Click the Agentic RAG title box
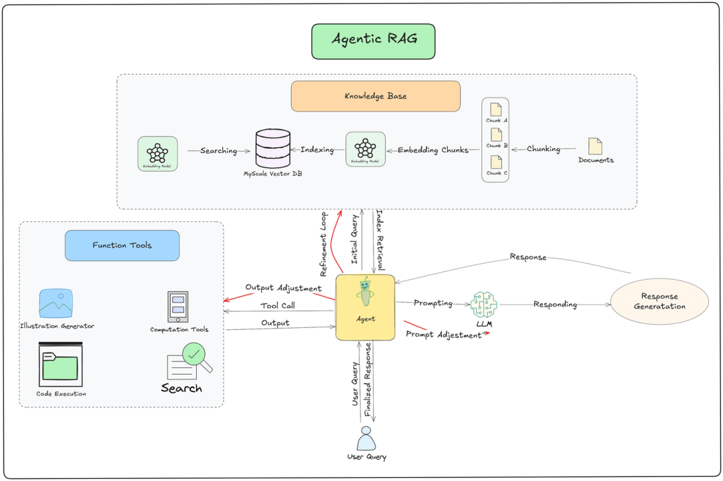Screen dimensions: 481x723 coord(374,41)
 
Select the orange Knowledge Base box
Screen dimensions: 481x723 coord(376,96)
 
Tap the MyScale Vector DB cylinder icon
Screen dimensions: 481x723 coord(273,149)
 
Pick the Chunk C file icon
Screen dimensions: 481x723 coord(495,162)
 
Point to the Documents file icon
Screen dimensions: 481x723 coord(595,147)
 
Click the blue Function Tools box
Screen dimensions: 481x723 coord(122,245)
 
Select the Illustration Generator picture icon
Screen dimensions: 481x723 coord(56,304)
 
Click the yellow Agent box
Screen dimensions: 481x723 coord(365,307)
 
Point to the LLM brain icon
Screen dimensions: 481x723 coord(484,304)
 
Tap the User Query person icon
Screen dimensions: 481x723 coord(366,439)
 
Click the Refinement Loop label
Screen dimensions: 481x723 coord(324,245)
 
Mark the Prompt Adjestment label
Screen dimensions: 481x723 coord(444,334)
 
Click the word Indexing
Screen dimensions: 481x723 coord(317,151)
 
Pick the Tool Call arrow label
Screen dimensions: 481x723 coord(278,306)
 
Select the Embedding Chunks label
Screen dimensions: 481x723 coord(432,150)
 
